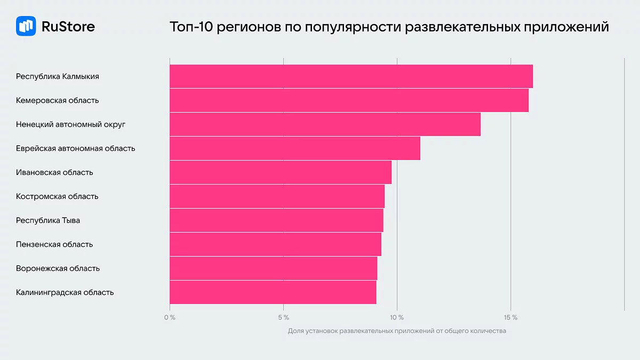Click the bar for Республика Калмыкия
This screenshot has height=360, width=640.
(351, 76)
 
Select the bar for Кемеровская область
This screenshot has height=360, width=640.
(349, 100)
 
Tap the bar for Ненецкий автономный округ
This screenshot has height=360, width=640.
(325, 124)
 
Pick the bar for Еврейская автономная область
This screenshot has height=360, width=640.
(295, 148)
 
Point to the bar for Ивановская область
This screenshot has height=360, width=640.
(281, 172)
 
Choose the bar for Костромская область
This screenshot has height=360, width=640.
(277, 196)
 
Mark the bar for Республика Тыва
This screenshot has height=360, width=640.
(276, 220)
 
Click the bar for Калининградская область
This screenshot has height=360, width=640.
(273, 292)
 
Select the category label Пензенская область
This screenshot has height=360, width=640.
(54, 244)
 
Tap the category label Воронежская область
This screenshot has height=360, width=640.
(58, 268)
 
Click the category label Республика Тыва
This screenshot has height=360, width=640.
(48, 220)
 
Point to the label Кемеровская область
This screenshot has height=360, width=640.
(57, 100)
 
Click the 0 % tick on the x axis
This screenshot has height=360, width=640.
(170, 318)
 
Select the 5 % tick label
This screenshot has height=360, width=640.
(283, 318)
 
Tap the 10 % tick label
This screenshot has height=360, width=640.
(397, 318)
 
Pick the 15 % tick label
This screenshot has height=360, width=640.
(510, 318)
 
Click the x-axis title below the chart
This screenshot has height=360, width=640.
(397, 331)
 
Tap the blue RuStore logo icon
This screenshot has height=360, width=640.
(26, 26)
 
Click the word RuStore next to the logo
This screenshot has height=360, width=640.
(68, 26)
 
